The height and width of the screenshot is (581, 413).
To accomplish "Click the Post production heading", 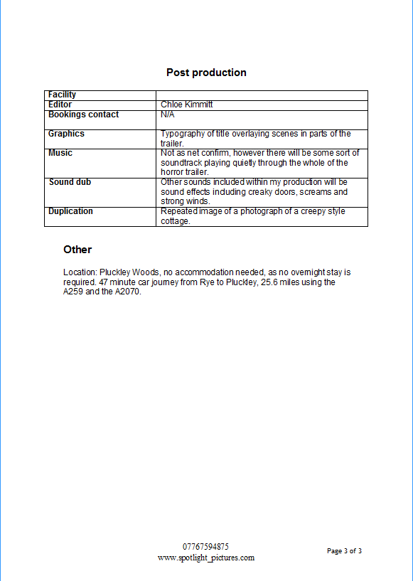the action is point(206,73).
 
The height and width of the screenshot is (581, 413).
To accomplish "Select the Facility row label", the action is point(62,95).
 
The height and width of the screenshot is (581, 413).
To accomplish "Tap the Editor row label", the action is point(60,105).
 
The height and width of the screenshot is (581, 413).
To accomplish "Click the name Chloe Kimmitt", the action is point(186,105).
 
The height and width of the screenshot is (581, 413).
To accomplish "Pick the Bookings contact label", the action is point(83,114).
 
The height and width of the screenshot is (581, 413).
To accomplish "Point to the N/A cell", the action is point(168,114).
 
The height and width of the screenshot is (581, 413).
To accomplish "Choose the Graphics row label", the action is point(66,134).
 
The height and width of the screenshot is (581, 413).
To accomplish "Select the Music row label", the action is point(60,153).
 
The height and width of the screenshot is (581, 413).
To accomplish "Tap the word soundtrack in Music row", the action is point(183,163).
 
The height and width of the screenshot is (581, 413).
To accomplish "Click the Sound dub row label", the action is point(70,182).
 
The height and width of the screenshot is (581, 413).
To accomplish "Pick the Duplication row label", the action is point(70,211).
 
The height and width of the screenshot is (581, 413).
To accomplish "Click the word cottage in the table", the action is point(175,221).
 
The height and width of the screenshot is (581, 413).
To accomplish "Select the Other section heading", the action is point(77,250).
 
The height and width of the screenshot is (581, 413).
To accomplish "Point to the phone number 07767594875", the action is point(205,547).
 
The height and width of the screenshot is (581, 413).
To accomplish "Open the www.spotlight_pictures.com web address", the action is point(205,558).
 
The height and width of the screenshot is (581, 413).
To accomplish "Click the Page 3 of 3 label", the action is point(344,551).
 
